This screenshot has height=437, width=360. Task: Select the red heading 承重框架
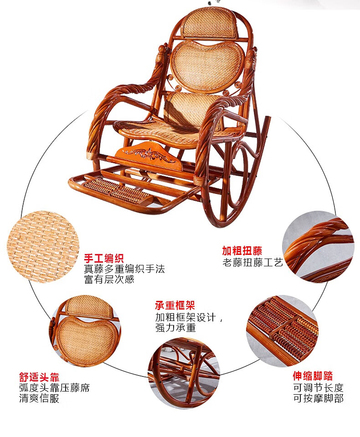coord(175,306)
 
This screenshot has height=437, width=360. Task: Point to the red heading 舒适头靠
coord(39,377)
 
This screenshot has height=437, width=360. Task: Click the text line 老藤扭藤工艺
coord(252,263)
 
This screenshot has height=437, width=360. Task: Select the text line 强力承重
coord(175,328)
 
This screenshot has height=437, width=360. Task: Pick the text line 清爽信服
coord(39,399)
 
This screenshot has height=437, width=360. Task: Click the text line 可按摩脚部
coord(318,399)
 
